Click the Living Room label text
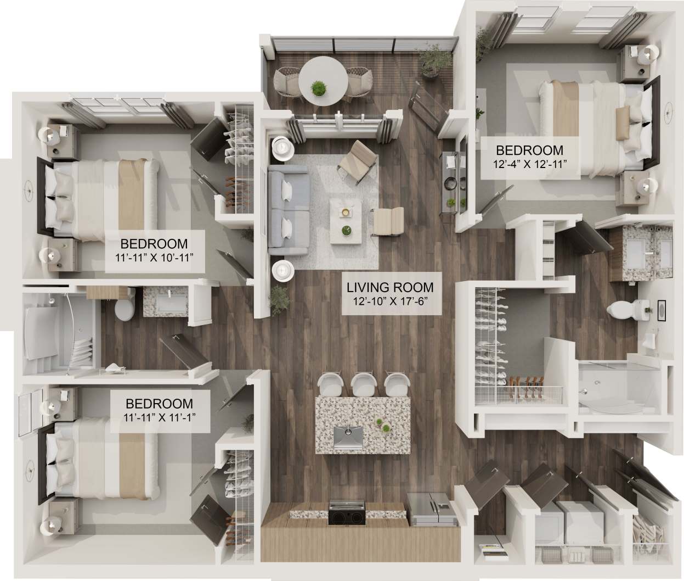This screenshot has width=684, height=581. (x=389, y=287)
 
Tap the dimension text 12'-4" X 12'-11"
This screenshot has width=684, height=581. (x=529, y=163)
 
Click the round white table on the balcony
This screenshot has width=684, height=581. (x=323, y=82)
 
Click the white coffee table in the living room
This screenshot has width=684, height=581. (x=346, y=221)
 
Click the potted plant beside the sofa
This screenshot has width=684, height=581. (x=279, y=299)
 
